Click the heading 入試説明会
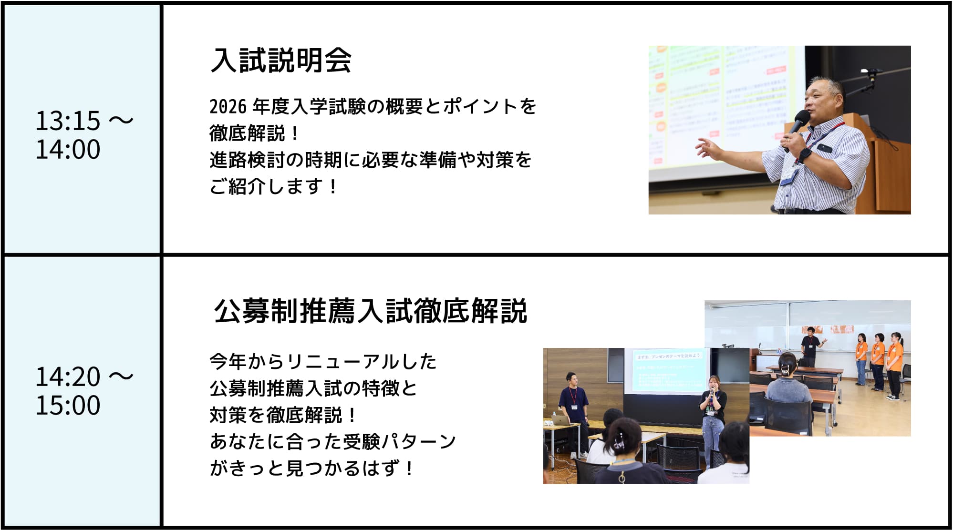point(281,61)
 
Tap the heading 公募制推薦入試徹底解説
point(371,311)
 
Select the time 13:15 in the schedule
point(68,121)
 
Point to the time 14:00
point(68,149)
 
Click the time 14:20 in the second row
point(68,377)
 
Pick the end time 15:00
point(68,405)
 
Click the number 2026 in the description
point(228,107)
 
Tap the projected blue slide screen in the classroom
point(668,371)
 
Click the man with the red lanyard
point(573,410)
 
